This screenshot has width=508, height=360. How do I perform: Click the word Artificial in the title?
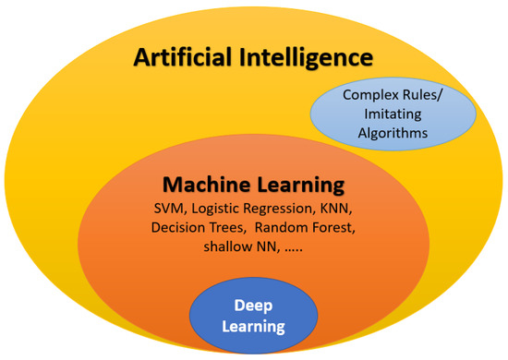tap(185, 58)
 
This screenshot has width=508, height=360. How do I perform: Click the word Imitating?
tap(396, 114)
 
